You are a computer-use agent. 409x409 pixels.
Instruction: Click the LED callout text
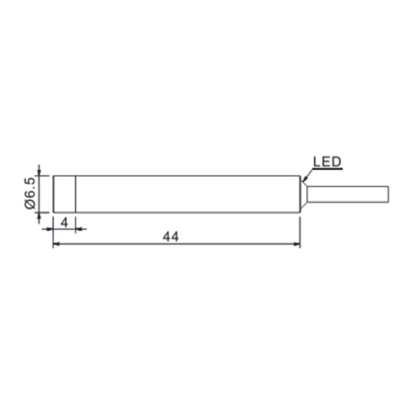point(327,162)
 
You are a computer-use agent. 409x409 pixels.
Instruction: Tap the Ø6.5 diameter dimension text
point(30,193)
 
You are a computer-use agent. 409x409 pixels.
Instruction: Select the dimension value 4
point(64,223)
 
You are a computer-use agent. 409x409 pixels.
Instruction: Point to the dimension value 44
point(171,237)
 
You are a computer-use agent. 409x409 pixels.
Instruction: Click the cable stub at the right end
point(348,195)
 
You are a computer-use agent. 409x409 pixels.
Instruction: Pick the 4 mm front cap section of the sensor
point(64,195)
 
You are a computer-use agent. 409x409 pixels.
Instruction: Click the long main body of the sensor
point(188,195)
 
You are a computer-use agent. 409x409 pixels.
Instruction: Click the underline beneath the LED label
point(328,169)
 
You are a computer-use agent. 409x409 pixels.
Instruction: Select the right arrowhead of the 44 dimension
point(297,244)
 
